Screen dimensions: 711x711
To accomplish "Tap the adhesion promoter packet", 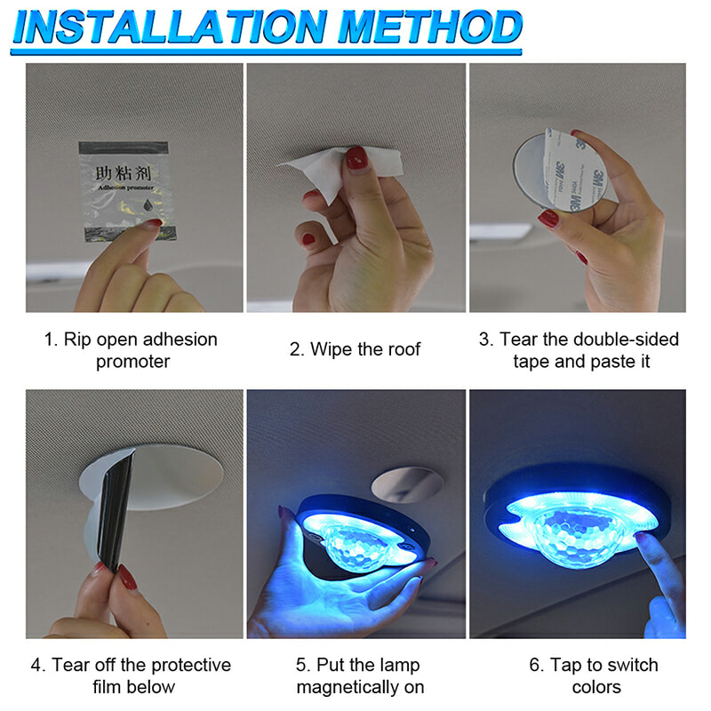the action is click(x=127, y=191).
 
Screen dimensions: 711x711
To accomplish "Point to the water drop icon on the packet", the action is click(x=148, y=205).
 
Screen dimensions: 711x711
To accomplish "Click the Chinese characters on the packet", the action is click(x=123, y=173).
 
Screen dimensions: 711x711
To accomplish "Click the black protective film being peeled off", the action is click(x=116, y=510).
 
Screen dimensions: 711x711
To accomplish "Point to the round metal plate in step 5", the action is click(x=407, y=484).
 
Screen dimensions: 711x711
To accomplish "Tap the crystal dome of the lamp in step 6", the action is click(x=576, y=534).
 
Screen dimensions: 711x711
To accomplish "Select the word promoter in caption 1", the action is click(x=132, y=362).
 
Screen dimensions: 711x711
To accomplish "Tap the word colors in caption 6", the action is click(x=596, y=687).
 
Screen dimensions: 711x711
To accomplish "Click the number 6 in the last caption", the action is click(x=535, y=665).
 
